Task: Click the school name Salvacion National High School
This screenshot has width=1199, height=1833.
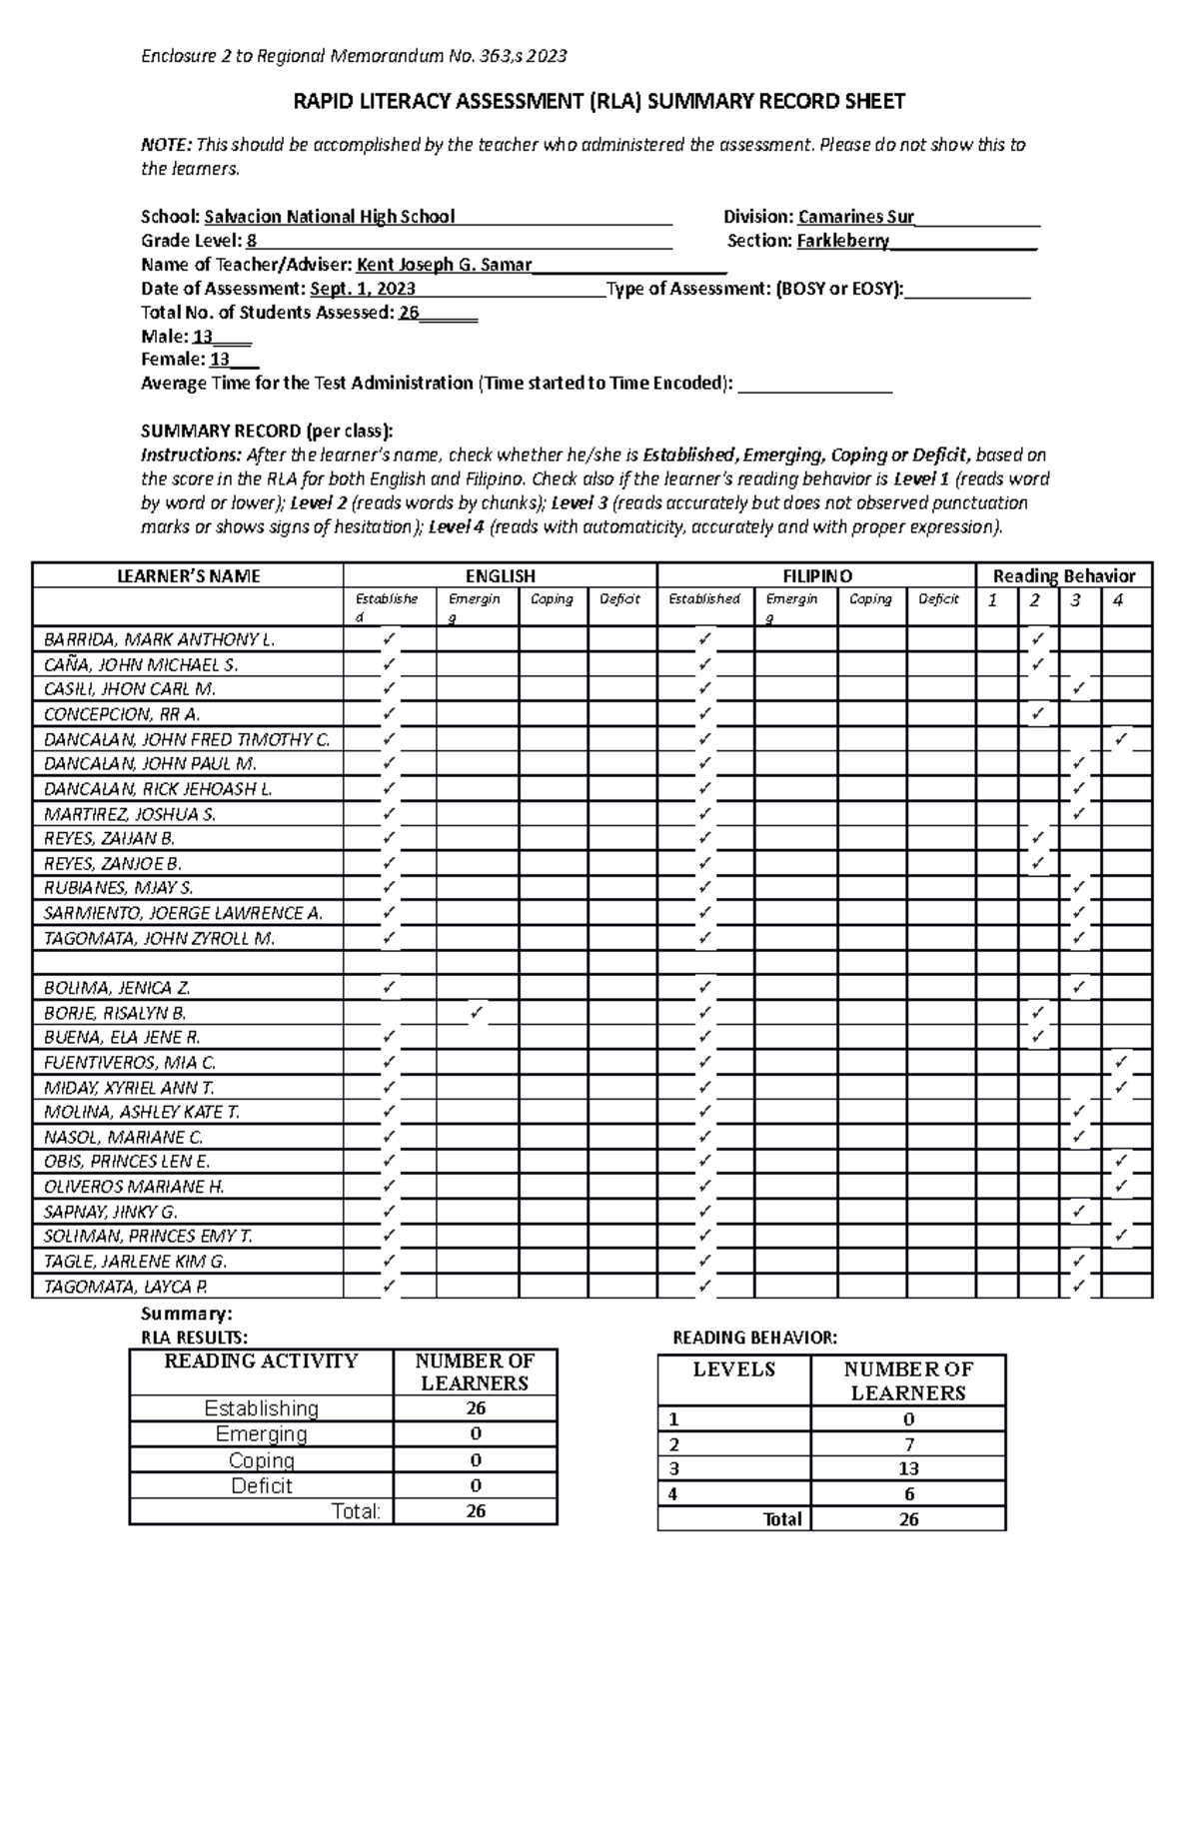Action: pyautogui.click(x=329, y=217)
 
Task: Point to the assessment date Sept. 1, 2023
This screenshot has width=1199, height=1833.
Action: pyautogui.click(x=363, y=289)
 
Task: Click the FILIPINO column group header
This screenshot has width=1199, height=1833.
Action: pyautogui.click(x=816, y=576)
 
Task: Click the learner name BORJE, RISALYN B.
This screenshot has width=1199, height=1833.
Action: pyautogui.click(x=115, y=1013)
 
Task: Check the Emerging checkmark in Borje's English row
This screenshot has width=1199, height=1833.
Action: pyautogui.click(x=476, y=1013)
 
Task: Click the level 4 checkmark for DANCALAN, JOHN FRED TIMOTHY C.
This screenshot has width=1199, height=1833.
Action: pyautogui.click(x=1120, y=739)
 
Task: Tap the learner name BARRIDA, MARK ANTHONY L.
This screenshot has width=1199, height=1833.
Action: pyautogui.click(x=159, y=639)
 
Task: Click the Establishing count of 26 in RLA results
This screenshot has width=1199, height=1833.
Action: pyautogui.click(x=475, y=1408)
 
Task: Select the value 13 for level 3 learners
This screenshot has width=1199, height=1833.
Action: pyautogui.click(x=907, y=1468)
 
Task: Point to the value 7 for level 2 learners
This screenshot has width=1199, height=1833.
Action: pyautogui.click(x=907, y=1444)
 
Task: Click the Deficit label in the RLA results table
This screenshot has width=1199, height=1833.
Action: pyautogui.click(x=261, y=1485)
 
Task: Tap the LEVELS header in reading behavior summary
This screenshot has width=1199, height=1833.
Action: pyautogui.click(x=733, y=1370)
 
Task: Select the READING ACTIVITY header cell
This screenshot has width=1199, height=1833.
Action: pyautogui.click(x=261, y=1361)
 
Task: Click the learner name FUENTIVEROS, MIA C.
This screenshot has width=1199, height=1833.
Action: pyautogui.click(x=130, y=1063)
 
